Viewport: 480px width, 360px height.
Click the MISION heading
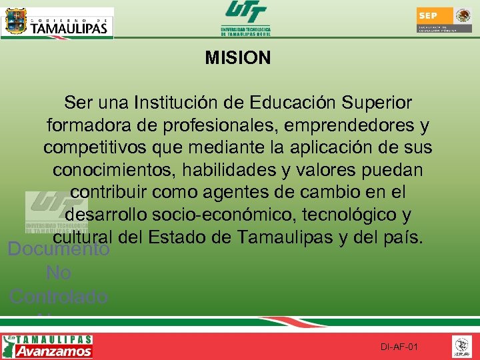coord(238,58)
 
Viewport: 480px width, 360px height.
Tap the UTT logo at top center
coord(245,18)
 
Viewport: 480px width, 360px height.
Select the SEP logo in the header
coord(444,20)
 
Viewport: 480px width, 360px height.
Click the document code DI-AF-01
coord(399,347)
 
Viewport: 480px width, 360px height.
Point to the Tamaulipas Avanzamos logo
coord(48,347)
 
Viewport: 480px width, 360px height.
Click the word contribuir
coord(111,193)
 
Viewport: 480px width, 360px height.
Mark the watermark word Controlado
coord(59,296)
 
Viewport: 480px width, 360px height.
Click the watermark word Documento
coord(59,250)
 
